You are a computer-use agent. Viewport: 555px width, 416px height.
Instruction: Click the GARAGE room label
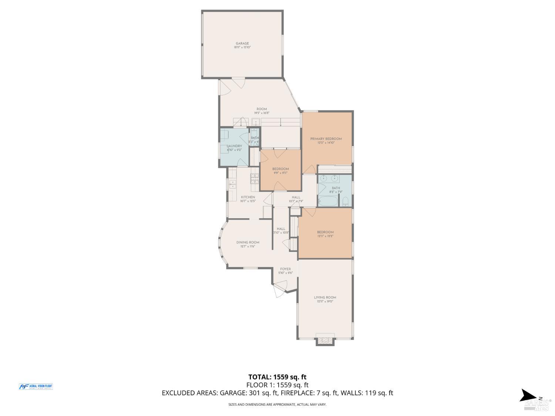[242, 43]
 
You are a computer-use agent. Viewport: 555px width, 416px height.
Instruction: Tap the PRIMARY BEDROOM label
[326, 139]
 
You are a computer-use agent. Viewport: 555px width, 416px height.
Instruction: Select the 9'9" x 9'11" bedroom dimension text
[280, 173]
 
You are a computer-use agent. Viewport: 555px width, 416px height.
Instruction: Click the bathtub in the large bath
[328, 202]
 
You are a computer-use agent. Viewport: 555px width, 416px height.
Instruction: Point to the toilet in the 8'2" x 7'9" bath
[346, 202]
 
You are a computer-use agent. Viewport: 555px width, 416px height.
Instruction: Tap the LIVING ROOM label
[325, 297]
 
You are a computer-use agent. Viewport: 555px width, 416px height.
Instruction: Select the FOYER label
[285, 269]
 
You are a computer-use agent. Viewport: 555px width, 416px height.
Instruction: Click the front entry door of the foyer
[280, 288]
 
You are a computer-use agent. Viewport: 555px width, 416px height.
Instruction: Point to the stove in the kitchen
[255, 179]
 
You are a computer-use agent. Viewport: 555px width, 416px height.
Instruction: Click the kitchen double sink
[233, 184]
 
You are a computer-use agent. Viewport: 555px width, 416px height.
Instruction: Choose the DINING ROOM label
[248, 242]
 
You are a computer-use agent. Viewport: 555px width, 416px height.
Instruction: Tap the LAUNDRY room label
[234, 146]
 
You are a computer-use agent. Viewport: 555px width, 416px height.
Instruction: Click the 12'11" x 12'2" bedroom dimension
[325, 236]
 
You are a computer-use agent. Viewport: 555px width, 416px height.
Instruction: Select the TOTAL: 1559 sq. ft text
[277, 377]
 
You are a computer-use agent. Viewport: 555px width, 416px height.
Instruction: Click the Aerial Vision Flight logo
[36, 386]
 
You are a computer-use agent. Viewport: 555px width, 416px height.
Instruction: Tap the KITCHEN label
[248, 197]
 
